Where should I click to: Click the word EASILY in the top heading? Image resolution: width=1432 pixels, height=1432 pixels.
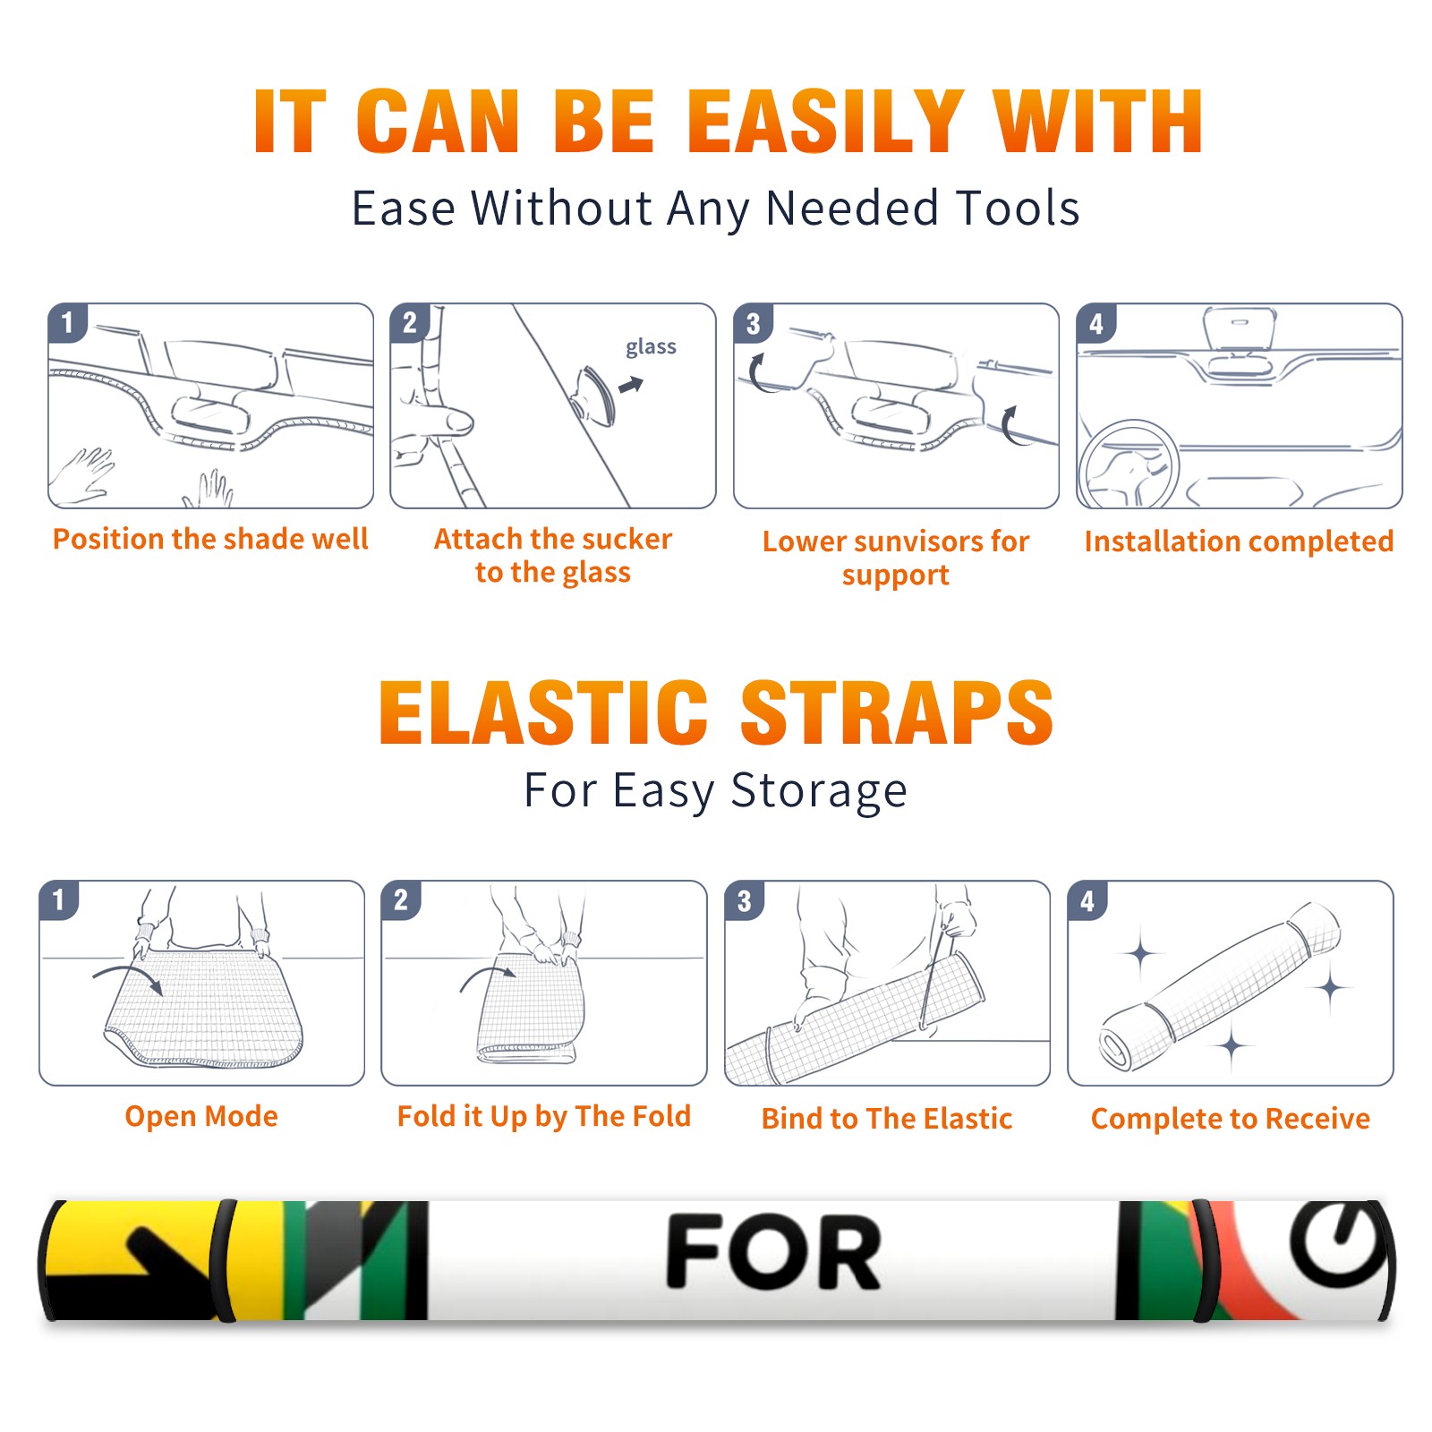(825, 122)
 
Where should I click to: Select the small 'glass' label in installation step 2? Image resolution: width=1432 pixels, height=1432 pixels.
(651, 347)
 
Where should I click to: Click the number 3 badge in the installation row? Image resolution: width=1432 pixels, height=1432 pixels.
(754, 323)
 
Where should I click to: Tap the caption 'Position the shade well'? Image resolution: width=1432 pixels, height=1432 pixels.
(210, 539)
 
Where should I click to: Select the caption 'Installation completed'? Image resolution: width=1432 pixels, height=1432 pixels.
(1239, 541)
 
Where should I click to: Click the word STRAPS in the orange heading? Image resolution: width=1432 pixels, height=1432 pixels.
(897, 712)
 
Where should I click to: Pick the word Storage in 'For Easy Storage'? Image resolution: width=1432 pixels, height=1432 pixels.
(819, 791)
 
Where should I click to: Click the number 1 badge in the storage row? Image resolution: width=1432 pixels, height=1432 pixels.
(59, 899)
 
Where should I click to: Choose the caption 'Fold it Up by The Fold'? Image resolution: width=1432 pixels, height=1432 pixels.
(544, 1116)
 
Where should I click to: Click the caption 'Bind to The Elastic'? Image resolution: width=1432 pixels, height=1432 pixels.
(887, 1119)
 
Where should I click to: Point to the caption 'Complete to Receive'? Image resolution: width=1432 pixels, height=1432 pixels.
(1231, 1119)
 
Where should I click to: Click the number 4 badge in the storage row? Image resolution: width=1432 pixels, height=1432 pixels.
(1087, 900)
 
